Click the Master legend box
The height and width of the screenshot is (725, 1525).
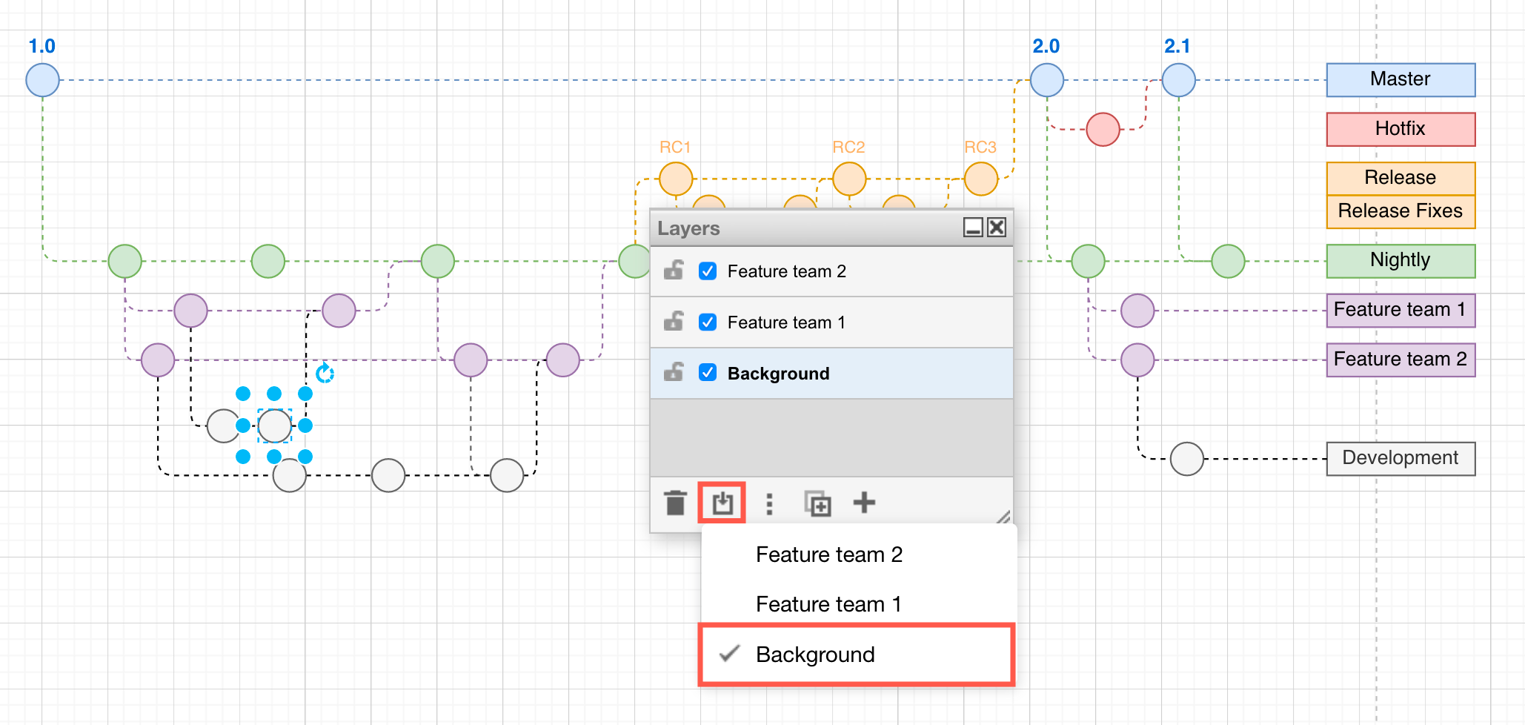pyautogui.click(x=1400, y=79)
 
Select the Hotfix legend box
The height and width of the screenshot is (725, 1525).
pyautogui.click(x=1400, y=129)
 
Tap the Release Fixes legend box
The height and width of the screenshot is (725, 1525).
pyautogui.click(x=1400, y=211)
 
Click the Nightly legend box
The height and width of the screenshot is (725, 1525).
pyautogui.click(x=1400, y=260)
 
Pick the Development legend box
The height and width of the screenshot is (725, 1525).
pyautogui.click(x=1400, y=458)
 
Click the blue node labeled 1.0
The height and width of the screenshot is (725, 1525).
pyautogui.click(x=42, y=80)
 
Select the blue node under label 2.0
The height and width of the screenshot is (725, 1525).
pyautogui.click(x=1046, y=80)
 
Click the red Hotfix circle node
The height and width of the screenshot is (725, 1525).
pyautogui.click(x=1103, y=129)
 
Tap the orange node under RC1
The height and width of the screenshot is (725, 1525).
pyautogui.click(x=676, y=179)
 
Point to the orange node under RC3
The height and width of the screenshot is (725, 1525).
pyautogui.click(x=981, y=179)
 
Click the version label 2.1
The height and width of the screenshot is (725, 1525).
pyautogui.click(x=1177, y=46)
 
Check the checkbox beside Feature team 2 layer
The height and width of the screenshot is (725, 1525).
pyautogui.click(x=708, y=271)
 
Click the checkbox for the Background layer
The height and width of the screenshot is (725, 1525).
pyautogui.click(x=708, y=372)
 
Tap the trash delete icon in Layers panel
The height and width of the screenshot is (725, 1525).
pyautogui.click(x=675, y=503)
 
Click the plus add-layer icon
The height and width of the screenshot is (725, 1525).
pyautogui.click(x=864, y=503)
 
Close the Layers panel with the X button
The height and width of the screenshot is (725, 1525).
pyautogui.click(x=997, y=228)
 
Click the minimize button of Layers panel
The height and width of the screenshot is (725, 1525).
pyautogui.click(x=973, y=228)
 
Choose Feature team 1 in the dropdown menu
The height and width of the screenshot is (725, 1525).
pyautogui.click(x=828, y=604)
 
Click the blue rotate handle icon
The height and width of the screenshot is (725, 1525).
pyautogui.click(x=325, y=373)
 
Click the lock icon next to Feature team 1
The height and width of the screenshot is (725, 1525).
pyautogui.click(x=674, y=321)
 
